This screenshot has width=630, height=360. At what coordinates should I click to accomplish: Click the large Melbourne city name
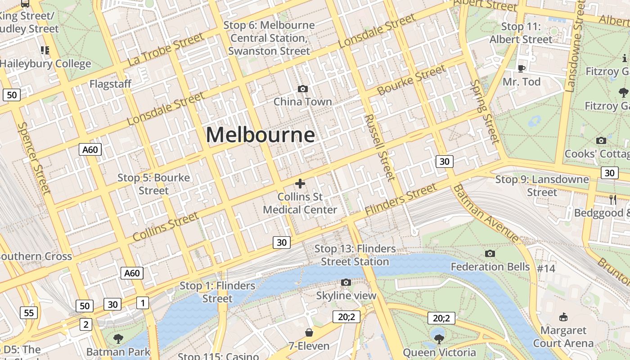coord(261,135)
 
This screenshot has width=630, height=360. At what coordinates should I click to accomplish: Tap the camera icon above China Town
coord(303,89)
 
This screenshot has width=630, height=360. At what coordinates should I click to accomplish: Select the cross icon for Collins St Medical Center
coord(300,183)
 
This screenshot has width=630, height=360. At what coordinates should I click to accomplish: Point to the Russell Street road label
coord(381,147)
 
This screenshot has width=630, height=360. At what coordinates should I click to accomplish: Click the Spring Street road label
coord(485,112)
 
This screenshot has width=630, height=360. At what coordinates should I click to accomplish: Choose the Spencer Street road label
coord(33,158)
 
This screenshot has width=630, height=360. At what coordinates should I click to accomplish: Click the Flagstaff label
coord(110,84)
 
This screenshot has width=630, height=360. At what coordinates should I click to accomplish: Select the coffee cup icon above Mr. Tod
coord(521,68)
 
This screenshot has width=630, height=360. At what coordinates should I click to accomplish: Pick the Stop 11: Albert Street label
coord(521,33)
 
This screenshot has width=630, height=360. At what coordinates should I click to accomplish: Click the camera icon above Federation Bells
coord(490,254)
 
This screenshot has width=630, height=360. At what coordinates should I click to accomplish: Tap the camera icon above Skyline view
coord(346,282)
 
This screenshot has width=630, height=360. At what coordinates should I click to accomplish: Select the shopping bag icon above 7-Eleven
coord(309,333)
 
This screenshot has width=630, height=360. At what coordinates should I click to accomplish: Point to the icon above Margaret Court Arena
coord(563,317)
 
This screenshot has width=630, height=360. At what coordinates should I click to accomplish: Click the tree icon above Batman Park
coord(118,338)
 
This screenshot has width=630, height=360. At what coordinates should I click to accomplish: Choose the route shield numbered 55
coord(29,313)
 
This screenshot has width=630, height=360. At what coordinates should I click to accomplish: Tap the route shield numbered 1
coord(142,303)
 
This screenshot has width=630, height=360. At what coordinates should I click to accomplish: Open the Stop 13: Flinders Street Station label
coord(355,255)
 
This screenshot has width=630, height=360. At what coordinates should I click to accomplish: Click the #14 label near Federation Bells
coord(546,269)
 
